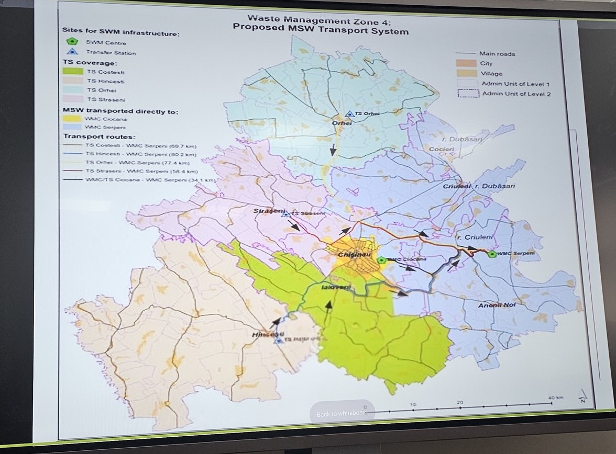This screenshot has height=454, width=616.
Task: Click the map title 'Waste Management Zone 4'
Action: [x=319, y=20]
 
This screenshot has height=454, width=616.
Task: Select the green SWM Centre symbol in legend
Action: [x=72, y=41]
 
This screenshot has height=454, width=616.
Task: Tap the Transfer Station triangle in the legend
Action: [x=72, y=51]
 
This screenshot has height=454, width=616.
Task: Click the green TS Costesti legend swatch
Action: [x=72, y=72]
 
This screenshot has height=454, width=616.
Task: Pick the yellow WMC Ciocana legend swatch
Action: [x=72, y=119]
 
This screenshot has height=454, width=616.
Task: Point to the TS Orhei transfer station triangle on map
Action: [x=349, y=113]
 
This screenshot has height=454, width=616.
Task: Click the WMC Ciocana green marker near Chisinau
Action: [x=381, y=259]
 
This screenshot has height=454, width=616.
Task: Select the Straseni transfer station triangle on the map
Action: [x=285, y=213]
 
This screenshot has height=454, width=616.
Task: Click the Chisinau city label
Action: [x=355, y=255]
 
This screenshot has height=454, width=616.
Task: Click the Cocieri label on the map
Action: [x=442, y=149]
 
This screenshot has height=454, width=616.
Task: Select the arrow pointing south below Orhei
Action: [x=333, y=151]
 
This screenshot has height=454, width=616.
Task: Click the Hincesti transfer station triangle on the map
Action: [x=279, y=340]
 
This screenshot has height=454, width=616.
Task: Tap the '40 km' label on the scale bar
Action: [x=555, y=398]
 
